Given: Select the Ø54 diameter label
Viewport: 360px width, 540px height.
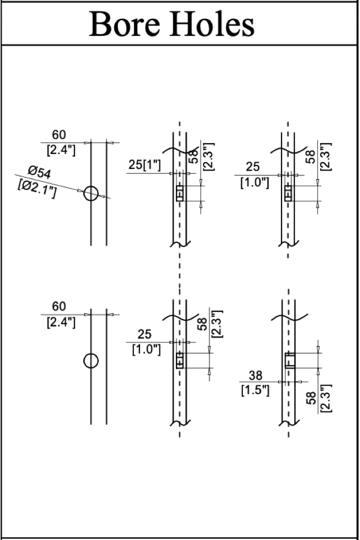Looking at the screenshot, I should click(40, 171).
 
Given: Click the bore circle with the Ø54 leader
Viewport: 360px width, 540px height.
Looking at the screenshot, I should click(91, 193).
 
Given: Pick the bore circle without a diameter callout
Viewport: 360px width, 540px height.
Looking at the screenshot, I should click(91, 361).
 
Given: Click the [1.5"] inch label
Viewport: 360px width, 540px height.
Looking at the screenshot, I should click(255, 391).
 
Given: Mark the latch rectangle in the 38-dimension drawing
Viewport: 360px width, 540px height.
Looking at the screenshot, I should click(289, 360).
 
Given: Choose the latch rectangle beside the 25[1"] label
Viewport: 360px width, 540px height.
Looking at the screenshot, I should click(179, 193).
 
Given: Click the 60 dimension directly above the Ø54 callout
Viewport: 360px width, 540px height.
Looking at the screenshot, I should click(59, 135).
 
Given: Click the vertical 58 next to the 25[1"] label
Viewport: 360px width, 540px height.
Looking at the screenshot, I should click(194, 155).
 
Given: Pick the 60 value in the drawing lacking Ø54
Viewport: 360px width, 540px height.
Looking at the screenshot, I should click(59, 306).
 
